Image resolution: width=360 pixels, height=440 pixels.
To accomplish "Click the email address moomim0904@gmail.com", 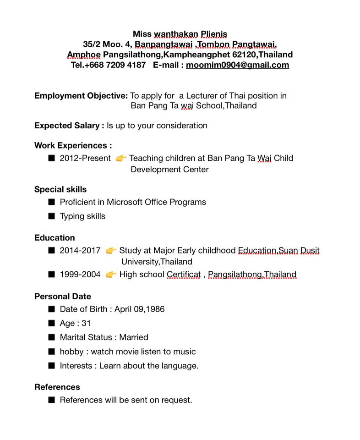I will tap(237, 65).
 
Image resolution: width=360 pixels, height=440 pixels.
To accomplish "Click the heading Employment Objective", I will tap(81, 96).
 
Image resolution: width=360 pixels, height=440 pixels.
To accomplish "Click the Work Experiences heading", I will tap(73, 146).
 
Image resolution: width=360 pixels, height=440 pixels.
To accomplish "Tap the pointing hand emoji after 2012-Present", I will tap(121, 159).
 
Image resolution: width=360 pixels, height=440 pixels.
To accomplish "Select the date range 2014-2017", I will tap(80, 251).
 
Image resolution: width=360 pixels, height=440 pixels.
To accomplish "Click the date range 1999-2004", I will tap(80, 275).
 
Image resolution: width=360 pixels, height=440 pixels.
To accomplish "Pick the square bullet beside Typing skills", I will tap(51, 216).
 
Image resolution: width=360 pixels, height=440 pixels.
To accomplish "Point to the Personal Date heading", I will tap(62, 297).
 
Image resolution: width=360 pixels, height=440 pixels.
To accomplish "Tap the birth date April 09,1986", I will tap(139, 309).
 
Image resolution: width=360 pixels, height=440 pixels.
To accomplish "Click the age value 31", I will tap(86, 323).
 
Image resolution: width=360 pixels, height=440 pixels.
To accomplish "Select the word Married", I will tap(134, 337).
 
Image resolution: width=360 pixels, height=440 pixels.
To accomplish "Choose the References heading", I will tap(57, 387).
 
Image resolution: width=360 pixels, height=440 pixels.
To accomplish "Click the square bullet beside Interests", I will tap(51, 365).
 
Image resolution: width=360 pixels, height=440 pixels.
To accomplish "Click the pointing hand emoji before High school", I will tap(111, 275).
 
